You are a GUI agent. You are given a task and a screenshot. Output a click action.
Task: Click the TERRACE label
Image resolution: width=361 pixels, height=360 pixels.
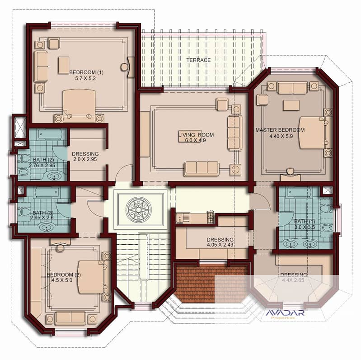point(198,60)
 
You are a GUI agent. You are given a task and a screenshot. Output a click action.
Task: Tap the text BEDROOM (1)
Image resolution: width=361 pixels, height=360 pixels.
point(86,72)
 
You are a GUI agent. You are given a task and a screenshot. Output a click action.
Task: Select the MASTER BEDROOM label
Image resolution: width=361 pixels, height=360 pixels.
point(280,130)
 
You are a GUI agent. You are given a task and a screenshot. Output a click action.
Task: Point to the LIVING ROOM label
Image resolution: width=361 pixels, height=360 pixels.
point(196,135)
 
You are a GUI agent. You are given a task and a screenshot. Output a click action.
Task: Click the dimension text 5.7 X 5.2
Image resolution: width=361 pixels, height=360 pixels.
point(85,78)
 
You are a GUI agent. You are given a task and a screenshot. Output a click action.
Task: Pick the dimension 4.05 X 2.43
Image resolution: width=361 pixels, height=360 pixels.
point(220,245)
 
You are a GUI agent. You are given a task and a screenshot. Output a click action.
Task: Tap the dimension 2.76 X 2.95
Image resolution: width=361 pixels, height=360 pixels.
point(42,165)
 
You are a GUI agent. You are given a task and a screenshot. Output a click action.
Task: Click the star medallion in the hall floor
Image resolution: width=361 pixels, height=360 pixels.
point(139,209)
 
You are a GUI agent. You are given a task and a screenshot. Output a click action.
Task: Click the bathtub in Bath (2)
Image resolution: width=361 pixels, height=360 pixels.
point(50,134)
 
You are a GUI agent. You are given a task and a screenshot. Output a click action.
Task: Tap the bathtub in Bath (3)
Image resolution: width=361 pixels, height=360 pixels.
point(47,193)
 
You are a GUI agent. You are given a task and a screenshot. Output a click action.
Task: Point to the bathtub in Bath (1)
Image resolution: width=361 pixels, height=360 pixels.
point(299,193)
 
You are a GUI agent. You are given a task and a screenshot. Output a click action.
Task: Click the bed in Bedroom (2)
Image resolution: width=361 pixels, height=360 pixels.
point(91,277)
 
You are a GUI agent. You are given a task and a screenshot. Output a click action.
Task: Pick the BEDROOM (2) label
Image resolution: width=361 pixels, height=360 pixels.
point(64,275)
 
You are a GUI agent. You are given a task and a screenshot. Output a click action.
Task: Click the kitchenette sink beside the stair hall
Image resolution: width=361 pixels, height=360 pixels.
point(183,218)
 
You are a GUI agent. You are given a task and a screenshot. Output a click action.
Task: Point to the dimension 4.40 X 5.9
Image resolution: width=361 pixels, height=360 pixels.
point(281,136)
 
